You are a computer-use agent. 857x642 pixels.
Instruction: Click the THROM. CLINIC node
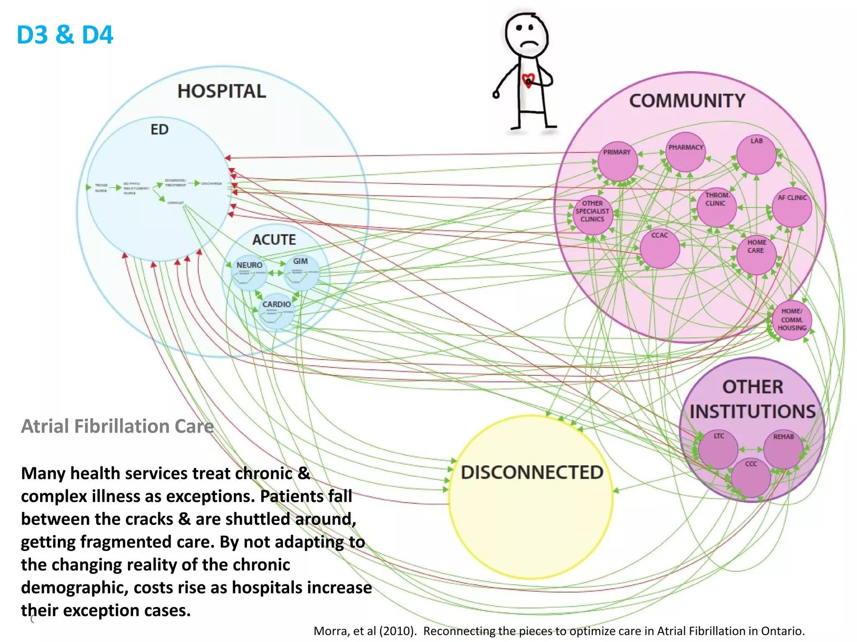point(716,207)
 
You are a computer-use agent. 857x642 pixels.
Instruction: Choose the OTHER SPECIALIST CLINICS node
point(593,215)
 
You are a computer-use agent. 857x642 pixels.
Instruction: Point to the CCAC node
point(659,248)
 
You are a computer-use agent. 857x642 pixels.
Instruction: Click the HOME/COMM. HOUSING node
point(792,320)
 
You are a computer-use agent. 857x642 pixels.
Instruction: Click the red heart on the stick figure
point(529,80)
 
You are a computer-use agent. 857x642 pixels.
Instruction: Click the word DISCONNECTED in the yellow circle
point(532,473)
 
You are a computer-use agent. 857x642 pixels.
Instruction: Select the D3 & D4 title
point(65,35)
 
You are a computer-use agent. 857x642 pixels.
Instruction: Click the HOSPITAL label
point(221,91)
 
